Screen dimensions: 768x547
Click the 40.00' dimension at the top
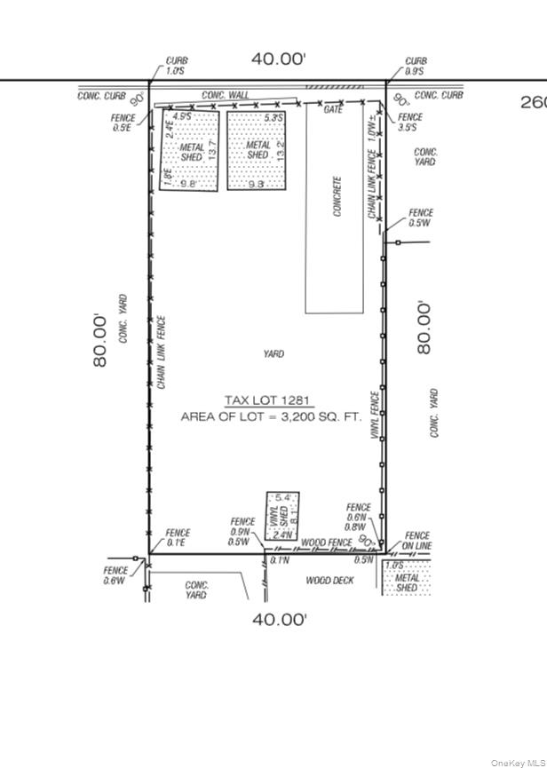coord(278,59)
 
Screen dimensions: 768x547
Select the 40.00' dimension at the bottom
coord(278,620)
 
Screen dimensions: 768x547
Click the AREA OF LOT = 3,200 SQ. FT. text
coord(269,416)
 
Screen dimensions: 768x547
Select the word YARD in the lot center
coord(273,354)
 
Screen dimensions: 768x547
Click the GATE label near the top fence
coord(333,109)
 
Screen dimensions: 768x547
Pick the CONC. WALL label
coord(225,95)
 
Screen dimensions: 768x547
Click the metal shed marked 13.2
coord(258,150)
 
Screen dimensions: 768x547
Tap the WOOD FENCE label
coord(327,541)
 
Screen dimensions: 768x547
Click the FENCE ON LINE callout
coord(417,541)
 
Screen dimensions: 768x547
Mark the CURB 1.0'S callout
coord(176,66)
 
